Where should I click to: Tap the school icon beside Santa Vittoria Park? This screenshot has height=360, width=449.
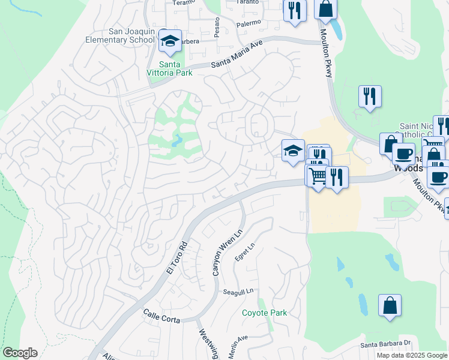[170, 41]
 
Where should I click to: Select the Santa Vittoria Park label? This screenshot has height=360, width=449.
[175, 68]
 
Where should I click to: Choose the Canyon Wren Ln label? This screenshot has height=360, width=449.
[226, 254]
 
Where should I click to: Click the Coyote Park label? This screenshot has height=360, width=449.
[264, 313]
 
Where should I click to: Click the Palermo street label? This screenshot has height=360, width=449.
[249, 23]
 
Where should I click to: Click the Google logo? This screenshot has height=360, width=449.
[19, 353]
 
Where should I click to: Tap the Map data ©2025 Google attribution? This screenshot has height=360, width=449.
[411, 355]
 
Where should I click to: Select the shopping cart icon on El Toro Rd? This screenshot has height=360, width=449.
[317, 176]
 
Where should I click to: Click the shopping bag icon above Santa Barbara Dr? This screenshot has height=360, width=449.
[390, 305]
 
